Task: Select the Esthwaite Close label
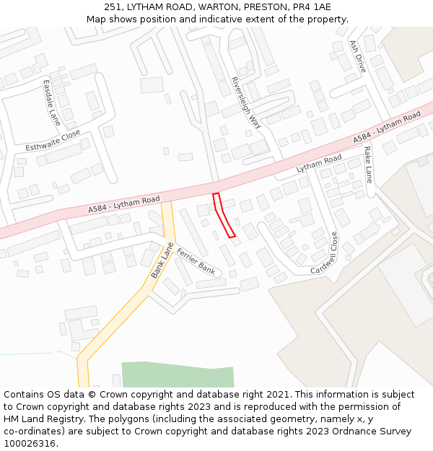click(53, 140)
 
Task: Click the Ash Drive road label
click(358, 56)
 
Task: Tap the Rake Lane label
click(368, 164)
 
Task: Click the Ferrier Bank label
click(196, 260)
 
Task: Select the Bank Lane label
click(162, 260)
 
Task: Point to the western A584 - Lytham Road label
click(123, 204)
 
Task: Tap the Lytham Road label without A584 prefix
click(318, 164)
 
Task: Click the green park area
click(178, 375)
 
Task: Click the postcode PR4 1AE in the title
click(312, 7)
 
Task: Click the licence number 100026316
click(30, 443)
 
